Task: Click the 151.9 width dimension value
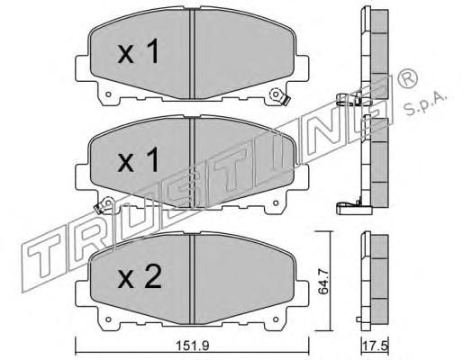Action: tap(192, 346)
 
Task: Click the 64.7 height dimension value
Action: tap(323, 282)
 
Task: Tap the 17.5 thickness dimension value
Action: tap(376, 346)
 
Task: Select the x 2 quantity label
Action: tap(140, 278)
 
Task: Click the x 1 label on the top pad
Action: tap(138, 53)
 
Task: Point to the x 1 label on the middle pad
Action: tap(138, 160)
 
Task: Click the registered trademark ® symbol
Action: tap(407, 78)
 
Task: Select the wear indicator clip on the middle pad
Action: tap(104, 205)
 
